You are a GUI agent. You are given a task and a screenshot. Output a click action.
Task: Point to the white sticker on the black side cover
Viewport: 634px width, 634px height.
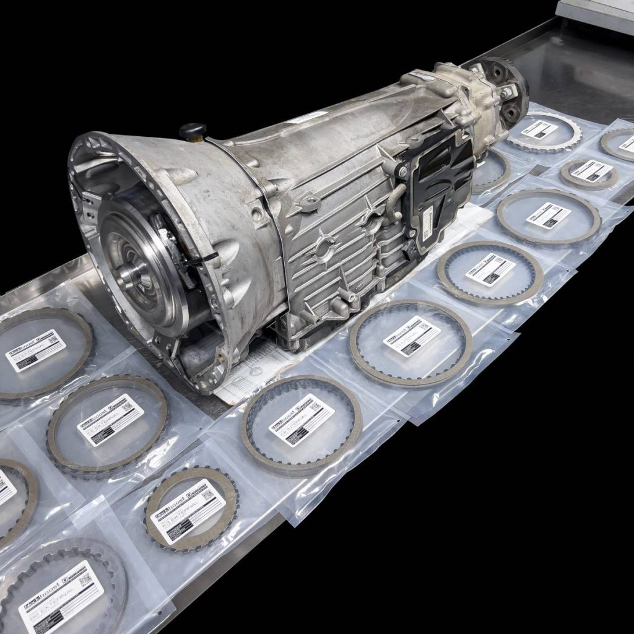click(428, 218)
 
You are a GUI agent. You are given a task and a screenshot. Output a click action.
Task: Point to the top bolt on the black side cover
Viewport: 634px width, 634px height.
click(403, 170)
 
